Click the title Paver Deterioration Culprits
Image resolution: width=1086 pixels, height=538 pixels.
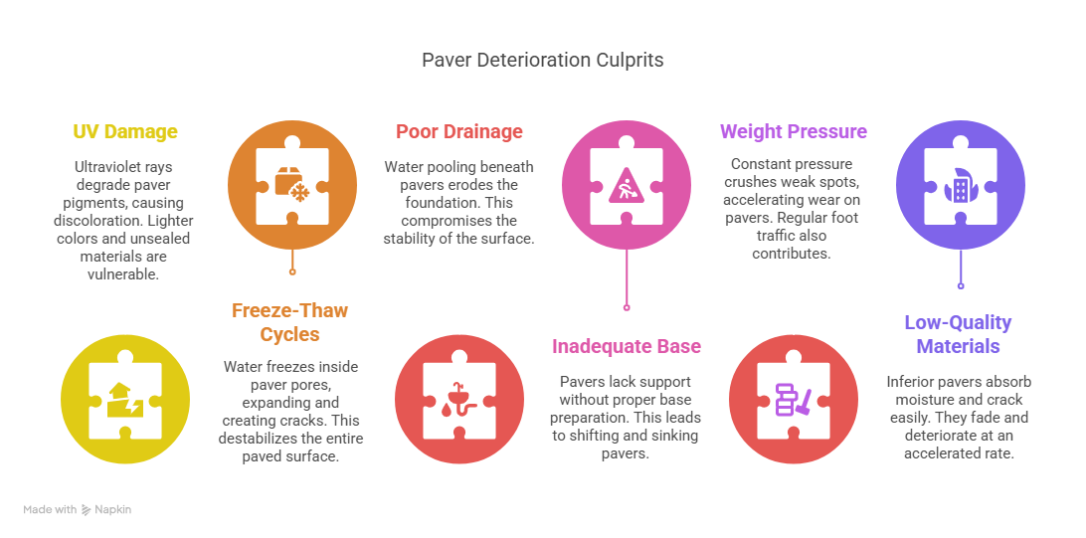[x=542, y=61]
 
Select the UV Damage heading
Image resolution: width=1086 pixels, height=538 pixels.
[x=125, y=131]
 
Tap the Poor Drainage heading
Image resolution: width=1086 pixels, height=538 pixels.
[x=459, y=131]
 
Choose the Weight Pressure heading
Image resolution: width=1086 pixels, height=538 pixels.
[x=793, y=131]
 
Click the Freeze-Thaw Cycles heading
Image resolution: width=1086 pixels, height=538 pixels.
[x=289, y=322]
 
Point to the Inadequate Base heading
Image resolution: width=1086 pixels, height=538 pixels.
[x=627, y=345]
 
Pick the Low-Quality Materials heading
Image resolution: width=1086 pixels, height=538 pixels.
[x=958, y=334]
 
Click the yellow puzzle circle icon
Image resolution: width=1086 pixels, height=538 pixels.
[x=125, y=399]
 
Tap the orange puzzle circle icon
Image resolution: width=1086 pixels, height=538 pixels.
[x=292, y=185]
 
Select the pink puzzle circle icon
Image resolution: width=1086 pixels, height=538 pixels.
[x=627, y=185]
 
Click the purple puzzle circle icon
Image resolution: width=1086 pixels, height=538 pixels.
[x=960, y=185]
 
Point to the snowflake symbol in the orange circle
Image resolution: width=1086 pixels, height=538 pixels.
[x=300, y=194]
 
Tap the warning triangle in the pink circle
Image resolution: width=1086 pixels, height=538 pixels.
[x=627, y=186]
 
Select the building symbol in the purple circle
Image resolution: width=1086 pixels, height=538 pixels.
[x=960, y=186]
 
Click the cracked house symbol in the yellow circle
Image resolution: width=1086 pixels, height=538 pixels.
[x=125, y=400]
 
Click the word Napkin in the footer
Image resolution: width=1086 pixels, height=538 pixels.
[x=113, y=509]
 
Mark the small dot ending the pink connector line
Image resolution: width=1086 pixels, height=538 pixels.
[x=627, y=306]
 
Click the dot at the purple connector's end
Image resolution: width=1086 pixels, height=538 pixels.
[x=960, y=285]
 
